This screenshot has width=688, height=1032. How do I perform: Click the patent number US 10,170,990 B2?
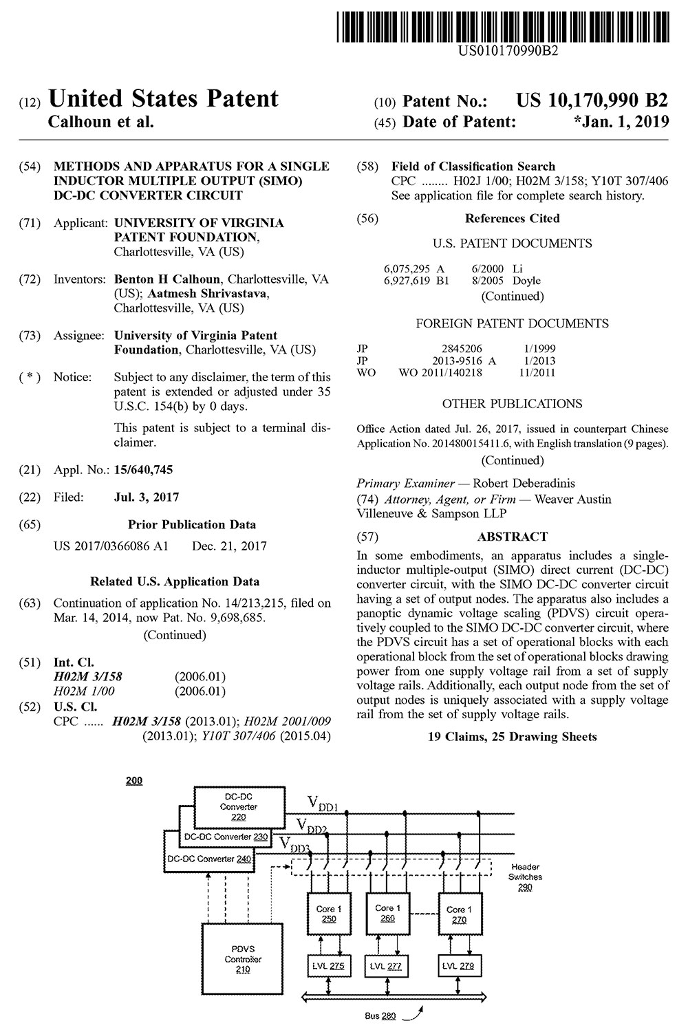pyautogui.click(x=591, y=100)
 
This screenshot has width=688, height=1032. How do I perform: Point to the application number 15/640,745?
pyautogui.click(x=143, y=470)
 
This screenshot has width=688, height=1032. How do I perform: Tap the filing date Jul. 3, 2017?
pyautogui.click(x=147, y=497)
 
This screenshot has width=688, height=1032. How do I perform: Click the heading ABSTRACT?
pyautogui.click(x=513, y=537)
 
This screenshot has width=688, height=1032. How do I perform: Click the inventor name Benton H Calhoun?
pyautogui.click(x=167, y=279)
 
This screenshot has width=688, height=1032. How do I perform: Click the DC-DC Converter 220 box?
pyautogui.click(x=239, y=806)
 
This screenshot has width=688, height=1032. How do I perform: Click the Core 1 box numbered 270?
pyautogui.click(x=460, y=914)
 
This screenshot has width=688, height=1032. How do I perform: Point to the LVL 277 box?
pyautogui.click(x=387, y=966)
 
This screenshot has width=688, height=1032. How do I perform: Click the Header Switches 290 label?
pyautogui.click(x=525, y=877)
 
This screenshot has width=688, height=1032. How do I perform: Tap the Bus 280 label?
pyautogui.click(x=380, y=1015)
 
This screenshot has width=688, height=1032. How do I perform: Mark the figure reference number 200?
pyautogui.click(x=134, y=781)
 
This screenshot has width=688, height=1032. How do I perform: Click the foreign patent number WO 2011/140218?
pyautogui.click(x=440, y=373)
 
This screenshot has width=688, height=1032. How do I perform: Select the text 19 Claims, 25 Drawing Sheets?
pyautogui.click(x=513, y=737)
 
